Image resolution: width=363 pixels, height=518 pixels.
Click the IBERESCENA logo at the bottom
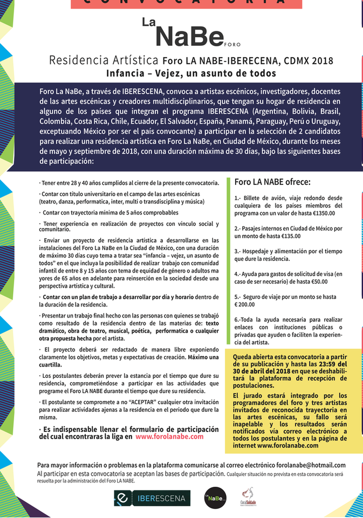pyautogui.click(x=152, y=497)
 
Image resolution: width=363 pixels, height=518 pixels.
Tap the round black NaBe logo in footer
pyautogui.click(x=215, y=497)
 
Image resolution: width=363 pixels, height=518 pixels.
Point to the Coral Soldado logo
pyautogui.click(x=248, y=496)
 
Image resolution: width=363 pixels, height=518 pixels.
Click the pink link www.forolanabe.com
pyautogui.click(x=169, y=437)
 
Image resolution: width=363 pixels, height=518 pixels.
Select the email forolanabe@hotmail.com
pyautogui.click(x=306, y=465)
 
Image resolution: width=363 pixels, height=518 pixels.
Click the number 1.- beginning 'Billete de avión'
pyautogui.click(x=238, y=198)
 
